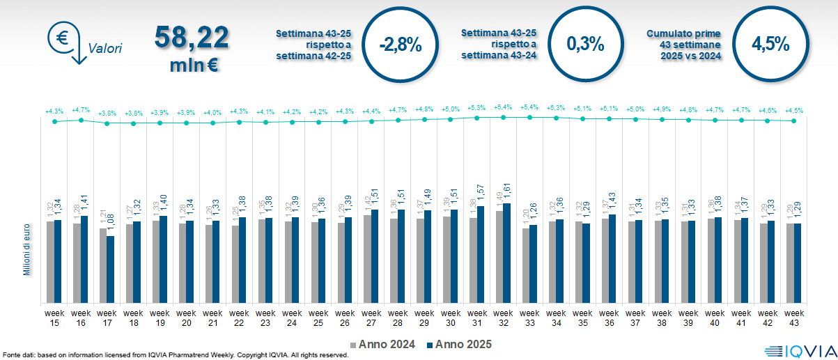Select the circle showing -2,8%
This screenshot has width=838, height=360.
[x=401, y=44]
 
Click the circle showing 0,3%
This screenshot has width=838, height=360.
[x=585, y=44]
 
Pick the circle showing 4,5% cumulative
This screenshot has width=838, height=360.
[x=770, y=44]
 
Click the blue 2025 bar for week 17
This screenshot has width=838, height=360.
[x=110, y=269]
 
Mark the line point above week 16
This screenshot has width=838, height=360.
[x=81, y=120]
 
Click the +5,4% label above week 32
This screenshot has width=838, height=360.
[x=503, y=108]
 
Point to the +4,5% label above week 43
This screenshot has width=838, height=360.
[x=793, y=111]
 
